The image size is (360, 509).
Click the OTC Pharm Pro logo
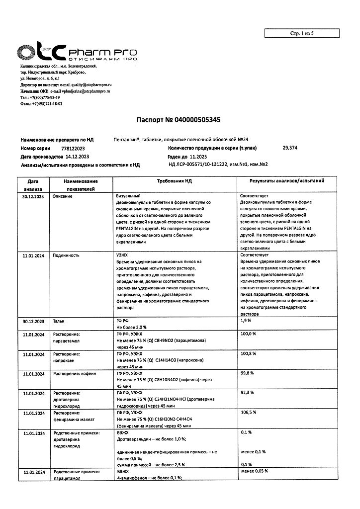tap(77, 52)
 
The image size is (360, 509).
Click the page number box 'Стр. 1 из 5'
tap(302, 33)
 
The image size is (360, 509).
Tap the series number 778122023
tap(73, 149)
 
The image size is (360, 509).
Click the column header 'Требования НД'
tap(175, 182)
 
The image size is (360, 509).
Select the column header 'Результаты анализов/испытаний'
tap(286, 182)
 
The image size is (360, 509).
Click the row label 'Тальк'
tap(59, 321)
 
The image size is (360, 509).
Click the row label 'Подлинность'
tap(67, 255)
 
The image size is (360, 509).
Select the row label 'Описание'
tap(63, 197)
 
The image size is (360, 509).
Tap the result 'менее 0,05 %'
tap(254, 471)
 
